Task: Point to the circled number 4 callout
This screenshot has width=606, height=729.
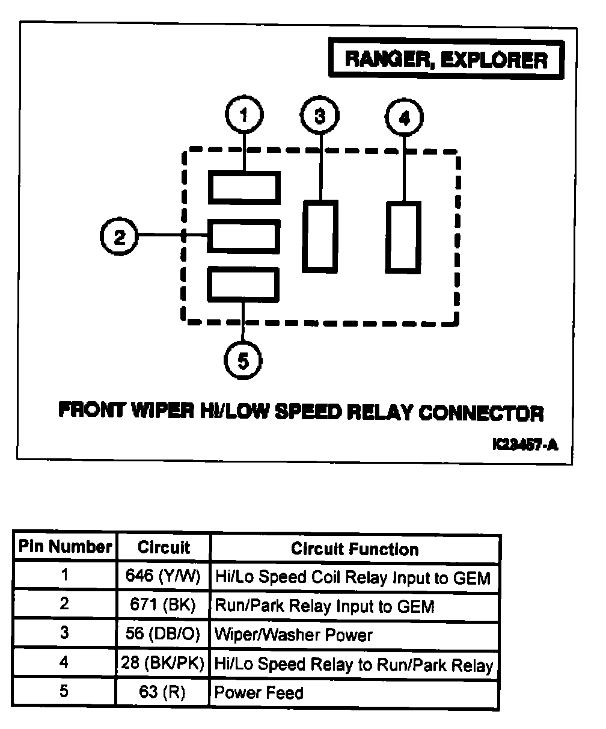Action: coord(404,117)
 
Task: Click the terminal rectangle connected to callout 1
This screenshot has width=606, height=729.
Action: coord(244,187)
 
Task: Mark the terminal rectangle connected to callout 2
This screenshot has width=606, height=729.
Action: coord(244,236)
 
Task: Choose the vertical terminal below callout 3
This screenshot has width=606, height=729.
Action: coord(320,236)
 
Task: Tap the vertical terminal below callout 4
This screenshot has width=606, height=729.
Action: coord(403,237)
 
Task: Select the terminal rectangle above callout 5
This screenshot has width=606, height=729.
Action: coord(244,284)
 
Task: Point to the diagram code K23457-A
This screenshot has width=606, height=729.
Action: coord(525,444)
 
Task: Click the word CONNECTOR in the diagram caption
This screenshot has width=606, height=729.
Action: coord(481,413)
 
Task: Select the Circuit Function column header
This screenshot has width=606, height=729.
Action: coord(355,549)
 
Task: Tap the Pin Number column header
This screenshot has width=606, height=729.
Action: coord(65,547)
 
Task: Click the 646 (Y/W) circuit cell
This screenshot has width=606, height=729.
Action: coord(164,577)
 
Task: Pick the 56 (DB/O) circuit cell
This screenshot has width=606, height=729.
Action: coord(164,635)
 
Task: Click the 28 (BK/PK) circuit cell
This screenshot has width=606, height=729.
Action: coord(164,664)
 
